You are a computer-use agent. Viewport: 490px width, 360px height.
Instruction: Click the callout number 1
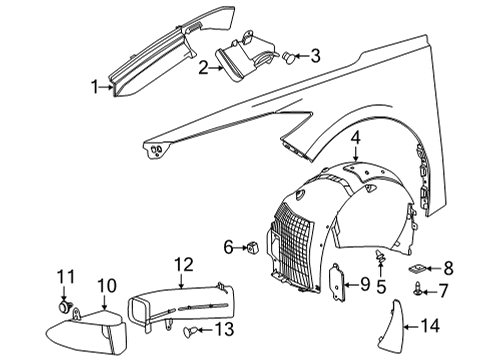tap(97, 88)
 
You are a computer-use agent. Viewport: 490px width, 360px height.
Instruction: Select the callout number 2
tap(204, 69)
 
